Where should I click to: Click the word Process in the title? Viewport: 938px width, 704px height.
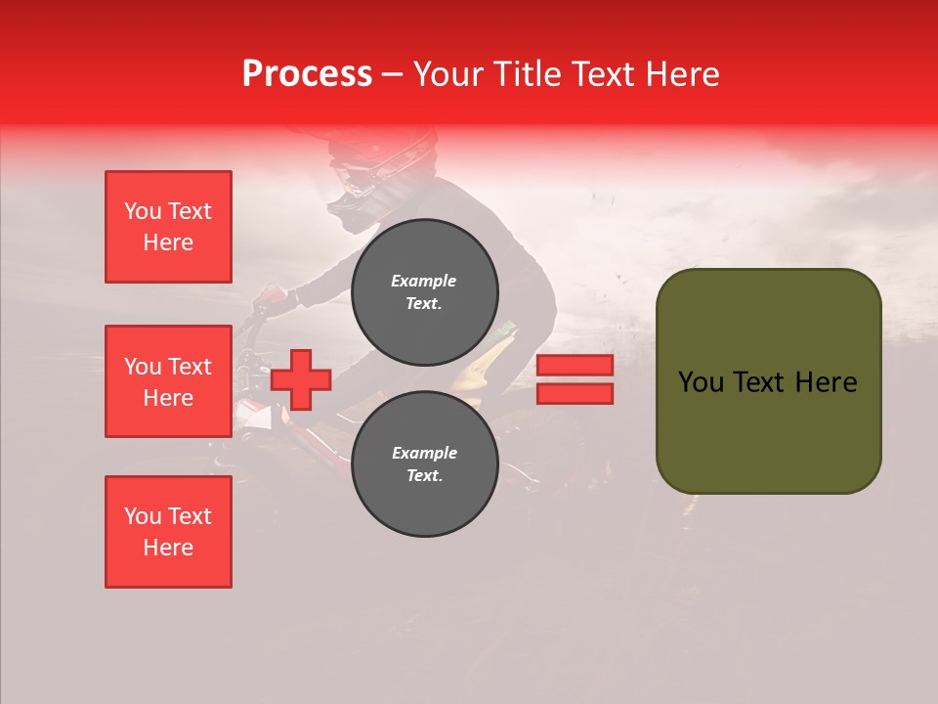[307, 74]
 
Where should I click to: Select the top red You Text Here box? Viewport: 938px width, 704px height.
[168, 227]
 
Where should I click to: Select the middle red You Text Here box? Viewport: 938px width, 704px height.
[168, 381]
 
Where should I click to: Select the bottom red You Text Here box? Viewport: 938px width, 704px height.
[168, 532]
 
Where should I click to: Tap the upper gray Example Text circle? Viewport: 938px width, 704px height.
[424, 291]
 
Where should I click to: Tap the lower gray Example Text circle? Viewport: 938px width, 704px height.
[424, 463]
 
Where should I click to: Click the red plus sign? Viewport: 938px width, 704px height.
[301, 380]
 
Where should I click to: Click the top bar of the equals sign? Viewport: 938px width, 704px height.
[575, 366]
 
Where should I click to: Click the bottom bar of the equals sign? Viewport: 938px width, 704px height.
[575, 394]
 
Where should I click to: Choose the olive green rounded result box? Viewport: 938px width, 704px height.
[768, 381]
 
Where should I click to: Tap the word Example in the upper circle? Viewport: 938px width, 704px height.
[423, 281]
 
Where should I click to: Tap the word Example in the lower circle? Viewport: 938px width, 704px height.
[424, 453]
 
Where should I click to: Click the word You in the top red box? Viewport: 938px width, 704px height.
[142, 211]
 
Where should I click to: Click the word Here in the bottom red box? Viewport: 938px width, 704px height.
[168, 548]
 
